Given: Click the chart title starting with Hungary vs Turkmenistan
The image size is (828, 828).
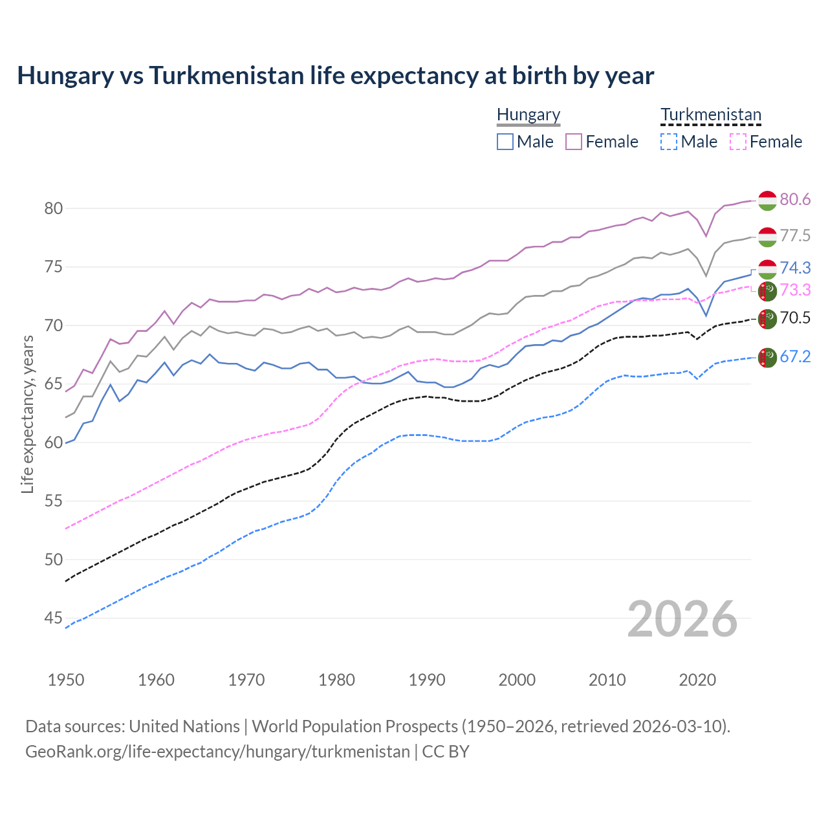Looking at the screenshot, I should tap(335, 76).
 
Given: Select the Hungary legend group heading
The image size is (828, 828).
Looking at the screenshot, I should tap(528, 115).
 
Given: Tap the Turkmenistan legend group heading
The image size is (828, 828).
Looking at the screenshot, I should tap(710, 115).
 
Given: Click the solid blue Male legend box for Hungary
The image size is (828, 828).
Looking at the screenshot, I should tap(505, 142).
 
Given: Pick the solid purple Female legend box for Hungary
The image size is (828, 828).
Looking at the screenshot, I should tap(574, 142).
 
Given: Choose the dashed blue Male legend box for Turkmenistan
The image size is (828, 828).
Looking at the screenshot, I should tap(669, 142).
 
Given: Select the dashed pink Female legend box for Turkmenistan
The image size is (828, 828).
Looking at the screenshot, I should tap(737, 142).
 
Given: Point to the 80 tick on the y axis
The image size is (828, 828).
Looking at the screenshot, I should tap(53, 208).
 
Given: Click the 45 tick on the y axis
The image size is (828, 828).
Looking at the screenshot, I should tap(53, 618).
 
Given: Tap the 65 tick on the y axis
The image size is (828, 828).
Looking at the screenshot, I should tap(53, 384).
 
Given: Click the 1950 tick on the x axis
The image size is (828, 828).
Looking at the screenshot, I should tap(66, 680).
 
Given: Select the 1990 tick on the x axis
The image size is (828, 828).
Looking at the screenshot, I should tap(427, 680).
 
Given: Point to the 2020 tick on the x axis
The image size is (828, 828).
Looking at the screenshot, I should tap(697, 680).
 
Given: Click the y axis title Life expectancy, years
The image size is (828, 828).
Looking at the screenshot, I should tap(27, 414).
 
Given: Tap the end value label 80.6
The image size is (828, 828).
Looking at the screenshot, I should tap(795, 200).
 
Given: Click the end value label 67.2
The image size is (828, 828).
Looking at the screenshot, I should tap(795, 356).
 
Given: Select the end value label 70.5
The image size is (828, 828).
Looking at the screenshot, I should tap(795, 318).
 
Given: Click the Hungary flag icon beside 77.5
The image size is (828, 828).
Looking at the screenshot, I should tap(767, 237).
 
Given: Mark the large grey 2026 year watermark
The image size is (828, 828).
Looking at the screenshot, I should tap(682, 619).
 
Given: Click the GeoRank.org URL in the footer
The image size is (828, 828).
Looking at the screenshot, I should tap(217, 752).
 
